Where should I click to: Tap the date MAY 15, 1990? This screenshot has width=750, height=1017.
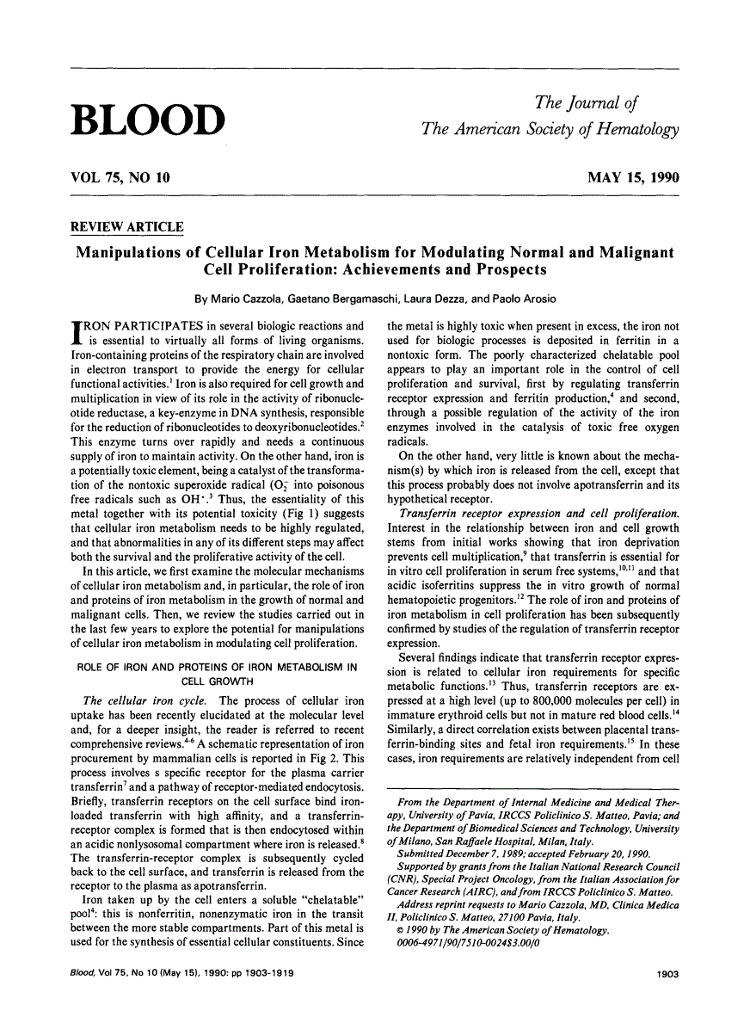pos(633,179)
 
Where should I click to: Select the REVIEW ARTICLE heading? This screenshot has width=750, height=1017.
pos(126,227)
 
